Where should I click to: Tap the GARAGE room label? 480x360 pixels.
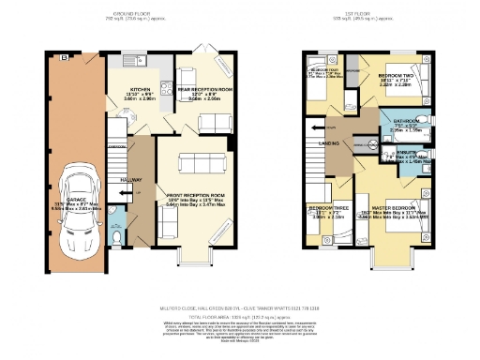tap(72, 202)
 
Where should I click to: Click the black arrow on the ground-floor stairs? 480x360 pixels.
tap(116, 187)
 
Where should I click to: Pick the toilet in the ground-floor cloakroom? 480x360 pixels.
tap(113, 237)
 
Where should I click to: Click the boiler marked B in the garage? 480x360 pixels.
tap(64, 58)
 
